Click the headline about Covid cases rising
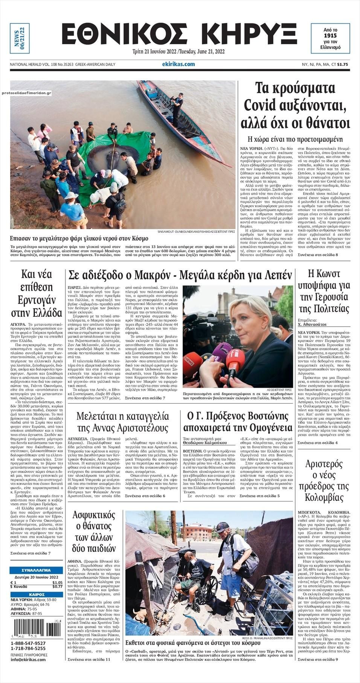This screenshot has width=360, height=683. [295, 106]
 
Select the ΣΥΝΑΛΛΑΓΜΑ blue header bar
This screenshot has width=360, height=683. [36, 570]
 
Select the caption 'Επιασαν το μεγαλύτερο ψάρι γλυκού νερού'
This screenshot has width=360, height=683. [79, 238]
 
